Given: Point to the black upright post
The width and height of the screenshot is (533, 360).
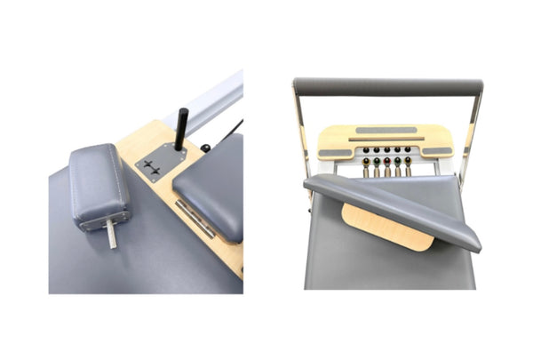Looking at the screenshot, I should tap(180, 128).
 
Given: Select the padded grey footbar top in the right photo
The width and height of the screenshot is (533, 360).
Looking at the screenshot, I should tap(387, 86).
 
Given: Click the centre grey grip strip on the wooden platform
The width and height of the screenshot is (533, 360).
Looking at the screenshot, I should tap(385, 131).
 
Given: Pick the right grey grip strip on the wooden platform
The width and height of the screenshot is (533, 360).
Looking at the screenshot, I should tap(437, 151).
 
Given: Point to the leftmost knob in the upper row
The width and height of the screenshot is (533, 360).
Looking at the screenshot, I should tap(365, 150).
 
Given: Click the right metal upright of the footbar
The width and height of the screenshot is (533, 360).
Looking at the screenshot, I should tap(470, 133).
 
